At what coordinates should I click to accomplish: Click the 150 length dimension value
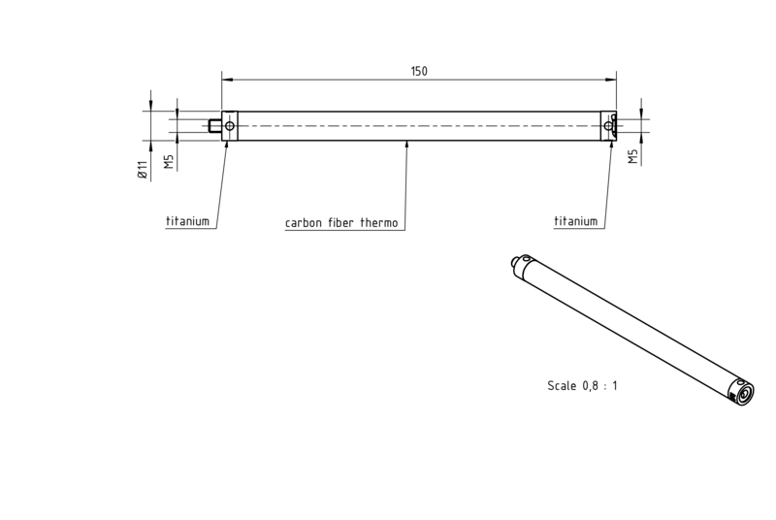point(419,71)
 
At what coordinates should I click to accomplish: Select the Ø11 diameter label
point(143,170)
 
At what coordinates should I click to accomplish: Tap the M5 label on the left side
point(169,161)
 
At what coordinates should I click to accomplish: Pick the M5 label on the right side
point(633,157)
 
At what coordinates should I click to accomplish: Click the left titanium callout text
point(187,221)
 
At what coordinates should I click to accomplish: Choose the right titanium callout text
point(575,221)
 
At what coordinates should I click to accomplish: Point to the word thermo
point(379,222)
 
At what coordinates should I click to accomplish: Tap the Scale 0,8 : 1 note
point(583,385)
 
